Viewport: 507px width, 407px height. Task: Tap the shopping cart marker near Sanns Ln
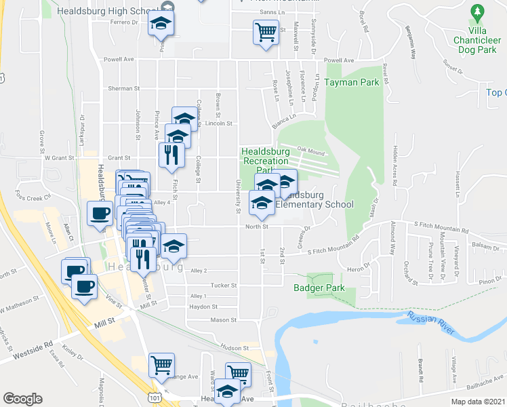266,31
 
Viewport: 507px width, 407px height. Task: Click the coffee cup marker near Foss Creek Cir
100,214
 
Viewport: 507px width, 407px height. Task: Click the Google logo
22,399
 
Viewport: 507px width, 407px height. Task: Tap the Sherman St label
123,88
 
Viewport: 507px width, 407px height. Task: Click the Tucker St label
223,286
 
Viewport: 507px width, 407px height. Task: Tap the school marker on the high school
161,24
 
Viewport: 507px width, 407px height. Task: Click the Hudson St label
236,347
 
